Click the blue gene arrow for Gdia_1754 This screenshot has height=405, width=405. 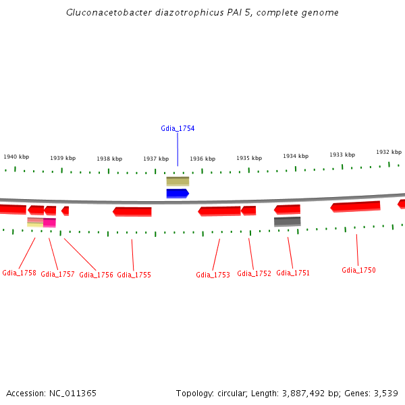pyautogui.click(x=178, y=194)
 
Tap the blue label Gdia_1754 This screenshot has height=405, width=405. pyautogui.click(x=178, y=128)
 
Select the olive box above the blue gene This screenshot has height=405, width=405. pyautogui.click(x=178, y=181)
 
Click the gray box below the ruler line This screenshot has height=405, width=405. pyautogui.click(x=287, y=221)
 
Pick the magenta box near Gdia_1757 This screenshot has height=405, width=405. pyautogui.click(x=49, y=222)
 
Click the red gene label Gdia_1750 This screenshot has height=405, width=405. pyautogui.click(x=358, y=270)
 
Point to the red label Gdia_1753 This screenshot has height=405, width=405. pyautogui.click(x=213, y=275)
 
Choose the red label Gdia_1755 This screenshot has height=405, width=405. pyautogui.click(x=134, y=275)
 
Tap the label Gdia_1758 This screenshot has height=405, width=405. pyautogui.click(x=19, y=273)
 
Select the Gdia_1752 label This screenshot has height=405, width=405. pyautogui.click(x=254, y=273)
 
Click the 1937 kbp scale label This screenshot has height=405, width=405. pyautogui.click(x=155, y=159)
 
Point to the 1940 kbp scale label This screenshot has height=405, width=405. pyautogui.click(x=16, y=157)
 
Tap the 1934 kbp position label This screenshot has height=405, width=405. pyautogui.click(x=295, y=156)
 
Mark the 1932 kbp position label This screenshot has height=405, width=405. pyautogui.click(x=388, y=152)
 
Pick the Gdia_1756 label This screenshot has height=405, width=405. pyautogui.click(x=96, y=275)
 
